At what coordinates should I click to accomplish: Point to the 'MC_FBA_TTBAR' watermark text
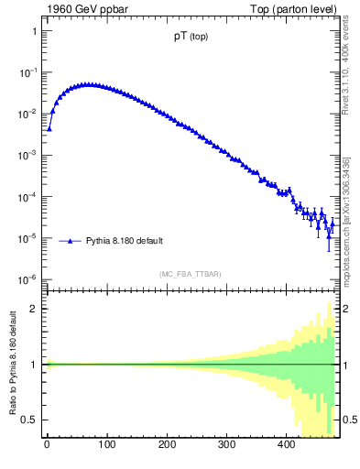point(190,274)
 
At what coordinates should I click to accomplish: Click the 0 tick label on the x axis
point(47,446)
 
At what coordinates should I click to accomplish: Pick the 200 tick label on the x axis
point(167,446)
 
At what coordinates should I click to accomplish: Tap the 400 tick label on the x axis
point(286,446)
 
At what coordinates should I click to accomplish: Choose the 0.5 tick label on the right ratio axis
point(346,420)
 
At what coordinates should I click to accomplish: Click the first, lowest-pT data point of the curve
point(49,128)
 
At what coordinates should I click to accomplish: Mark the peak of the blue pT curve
point(87,84)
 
